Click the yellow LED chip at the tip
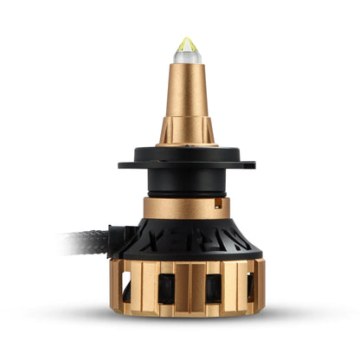click(186, 42)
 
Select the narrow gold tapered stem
click(185, 95)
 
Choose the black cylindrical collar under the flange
click(185, 182)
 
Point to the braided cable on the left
click(82, 241)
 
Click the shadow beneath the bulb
click(185, 322)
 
